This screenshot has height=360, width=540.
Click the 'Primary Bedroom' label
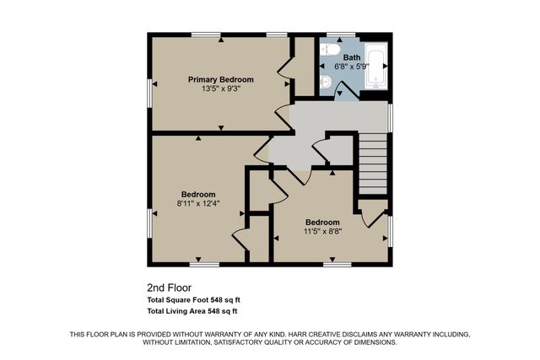click(220, 79)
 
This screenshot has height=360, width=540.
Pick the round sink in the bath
click(326, 82)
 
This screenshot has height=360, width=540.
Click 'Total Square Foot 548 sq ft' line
click(198, 299)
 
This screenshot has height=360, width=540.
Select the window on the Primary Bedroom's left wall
click(150, 84)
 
